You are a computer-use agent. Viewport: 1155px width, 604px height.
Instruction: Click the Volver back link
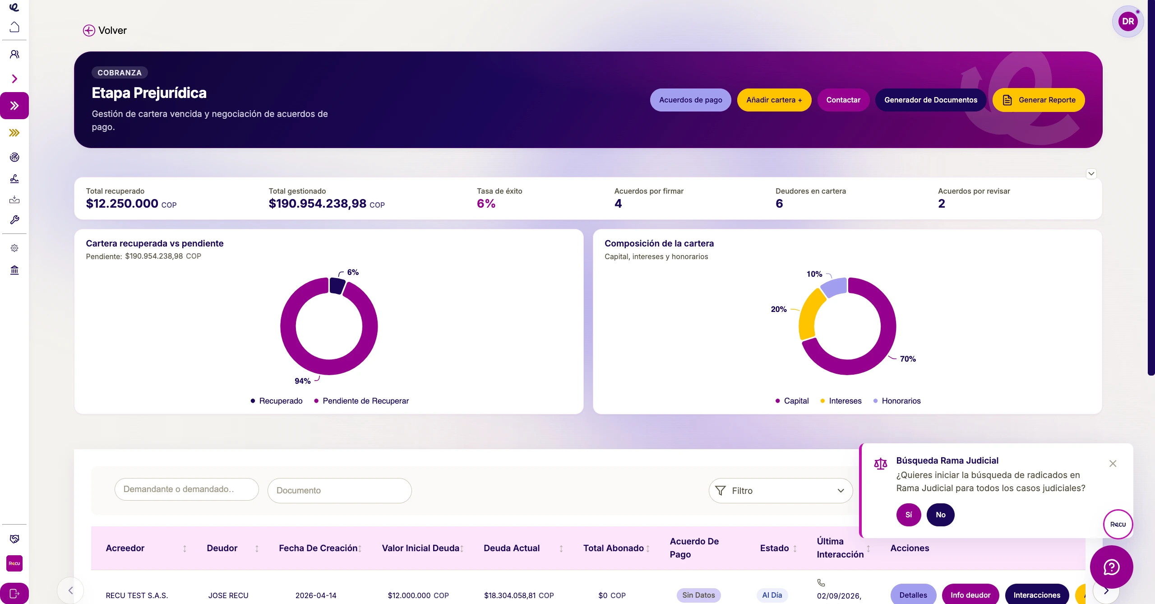[x=105, y=30]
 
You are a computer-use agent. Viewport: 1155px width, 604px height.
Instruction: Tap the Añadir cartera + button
[x=774, y=100]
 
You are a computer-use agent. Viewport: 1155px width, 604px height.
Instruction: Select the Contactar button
[x=843, y=100]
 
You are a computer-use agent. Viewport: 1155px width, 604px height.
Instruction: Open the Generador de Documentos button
[x=931, y=100]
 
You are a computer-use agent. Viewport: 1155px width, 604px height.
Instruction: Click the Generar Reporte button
[x=1039, y=100]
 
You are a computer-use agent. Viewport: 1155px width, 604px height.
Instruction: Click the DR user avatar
[x=1128, y=21]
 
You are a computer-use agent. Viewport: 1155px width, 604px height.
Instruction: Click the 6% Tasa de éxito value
[x=486, y=204]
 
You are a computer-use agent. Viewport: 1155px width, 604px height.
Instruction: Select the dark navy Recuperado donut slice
[x=337, y=286]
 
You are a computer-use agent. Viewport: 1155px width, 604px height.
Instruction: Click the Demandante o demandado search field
[x=186, y=489]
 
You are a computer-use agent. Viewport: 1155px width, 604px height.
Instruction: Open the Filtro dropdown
[x=781, y=491]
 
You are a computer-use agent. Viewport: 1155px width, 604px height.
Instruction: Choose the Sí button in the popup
[x=909, y=515]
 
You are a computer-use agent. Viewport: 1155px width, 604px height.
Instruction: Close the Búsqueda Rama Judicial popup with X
[x=1113, y=464]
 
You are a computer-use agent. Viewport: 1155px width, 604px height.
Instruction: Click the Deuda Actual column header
[x=512, y=548]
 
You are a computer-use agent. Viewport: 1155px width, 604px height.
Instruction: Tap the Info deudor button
[x=970, y=595]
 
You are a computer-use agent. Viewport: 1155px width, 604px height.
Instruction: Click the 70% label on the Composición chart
[x=908, y=359]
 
